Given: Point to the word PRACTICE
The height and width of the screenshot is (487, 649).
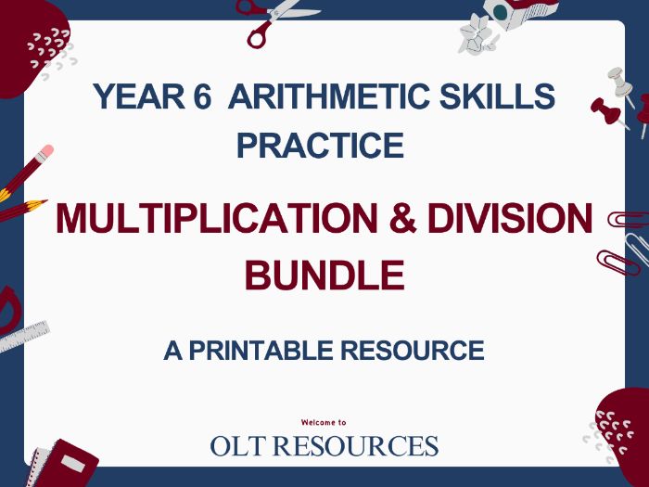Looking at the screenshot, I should point(321,146).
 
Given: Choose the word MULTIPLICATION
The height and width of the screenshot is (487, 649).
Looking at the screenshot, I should point(212,219).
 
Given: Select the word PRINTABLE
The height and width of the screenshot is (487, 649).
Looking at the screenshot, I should point(249,351).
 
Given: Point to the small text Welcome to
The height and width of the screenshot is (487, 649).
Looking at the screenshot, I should point(324,422).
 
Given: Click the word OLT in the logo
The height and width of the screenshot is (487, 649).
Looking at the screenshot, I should point(241,446).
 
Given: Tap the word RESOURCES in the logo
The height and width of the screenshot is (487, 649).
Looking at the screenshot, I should point(362,446).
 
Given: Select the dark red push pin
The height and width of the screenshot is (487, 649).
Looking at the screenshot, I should point(606,111).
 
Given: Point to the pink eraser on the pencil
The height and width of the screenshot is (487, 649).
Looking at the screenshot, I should point(45,149).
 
